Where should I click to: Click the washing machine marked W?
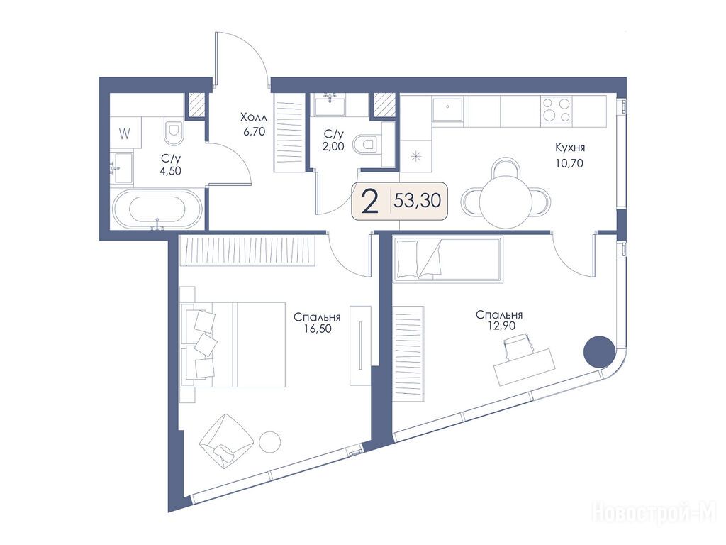[x=125, y=133]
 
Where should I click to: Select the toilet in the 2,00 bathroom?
[x=365, y=144]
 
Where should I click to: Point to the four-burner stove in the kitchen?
[x=556, y=110]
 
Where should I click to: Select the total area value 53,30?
[x=417, y=201]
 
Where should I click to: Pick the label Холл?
[x=254, y=117]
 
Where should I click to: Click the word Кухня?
[x=570, y=148]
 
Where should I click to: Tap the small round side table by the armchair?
[x=269, y=442]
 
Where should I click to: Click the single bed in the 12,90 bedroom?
[x=448, y=259]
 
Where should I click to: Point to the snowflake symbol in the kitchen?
[x=415, y=156]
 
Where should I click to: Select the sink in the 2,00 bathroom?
[x=330, y=106]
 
